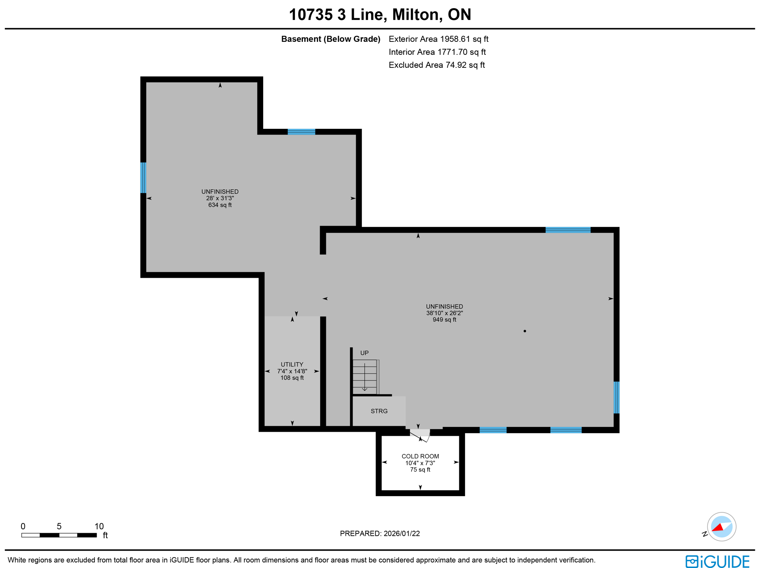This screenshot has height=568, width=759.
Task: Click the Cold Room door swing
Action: [x=420, y=435]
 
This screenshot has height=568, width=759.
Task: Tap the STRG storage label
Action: [x=379, y=411]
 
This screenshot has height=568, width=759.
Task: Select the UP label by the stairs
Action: [x=364, y=353]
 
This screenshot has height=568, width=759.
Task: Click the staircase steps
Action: [x=365, y=377]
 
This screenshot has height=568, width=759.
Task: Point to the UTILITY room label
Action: [x=292, y=364]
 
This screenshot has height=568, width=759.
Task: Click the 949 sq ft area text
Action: [x=444, y=320]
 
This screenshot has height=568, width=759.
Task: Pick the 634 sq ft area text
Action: [x=220, y=205]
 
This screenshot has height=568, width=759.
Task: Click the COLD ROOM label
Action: [x=420, y=456]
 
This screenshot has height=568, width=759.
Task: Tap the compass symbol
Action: [x=721, y=527]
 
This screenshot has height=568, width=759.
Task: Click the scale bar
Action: [x=59, y=535]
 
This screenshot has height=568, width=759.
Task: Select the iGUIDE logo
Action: [x=717, y=561]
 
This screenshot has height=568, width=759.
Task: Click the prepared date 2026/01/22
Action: [x=379, y=533]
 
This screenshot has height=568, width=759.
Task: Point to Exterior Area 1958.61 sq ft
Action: [x=438, y=39]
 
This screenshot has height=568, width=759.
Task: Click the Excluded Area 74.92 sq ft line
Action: [x=436, y=65]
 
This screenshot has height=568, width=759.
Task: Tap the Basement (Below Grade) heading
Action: [x=331, y=39]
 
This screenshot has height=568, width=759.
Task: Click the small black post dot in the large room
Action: [x=524, y=331]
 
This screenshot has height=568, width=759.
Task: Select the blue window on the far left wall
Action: [x=143, y=177]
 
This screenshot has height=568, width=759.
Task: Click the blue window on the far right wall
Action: [x=616, y=397]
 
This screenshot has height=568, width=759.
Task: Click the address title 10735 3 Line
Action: [x=379, y=14]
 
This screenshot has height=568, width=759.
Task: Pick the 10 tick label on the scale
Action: [x=99, y=526]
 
